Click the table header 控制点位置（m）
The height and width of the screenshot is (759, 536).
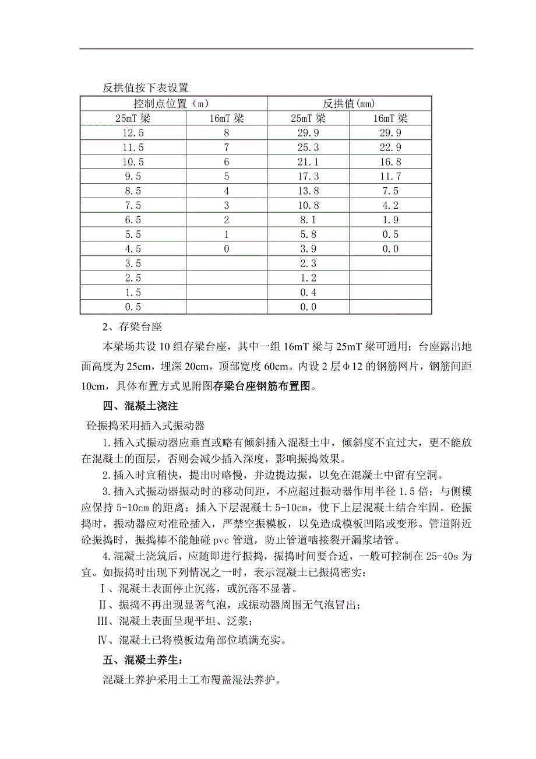(174, 104)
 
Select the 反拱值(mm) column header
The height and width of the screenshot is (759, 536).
(350, 104)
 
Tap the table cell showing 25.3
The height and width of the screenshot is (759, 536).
(308, 147)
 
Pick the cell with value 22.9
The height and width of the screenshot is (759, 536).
(390, 147)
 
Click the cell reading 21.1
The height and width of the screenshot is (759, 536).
(308, 162)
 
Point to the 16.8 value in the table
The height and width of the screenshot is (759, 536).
(390, 162)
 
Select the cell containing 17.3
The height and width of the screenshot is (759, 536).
(308, 177)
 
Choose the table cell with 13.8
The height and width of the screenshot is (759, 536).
(308, 191)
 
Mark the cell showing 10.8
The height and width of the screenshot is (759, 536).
(308, 206)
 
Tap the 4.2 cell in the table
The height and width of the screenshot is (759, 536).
(390, 206)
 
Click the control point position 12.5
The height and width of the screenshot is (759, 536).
(133, 133)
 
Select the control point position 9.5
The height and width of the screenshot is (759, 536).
(133, 177)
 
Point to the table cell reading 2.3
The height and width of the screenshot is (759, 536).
(308, 264)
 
